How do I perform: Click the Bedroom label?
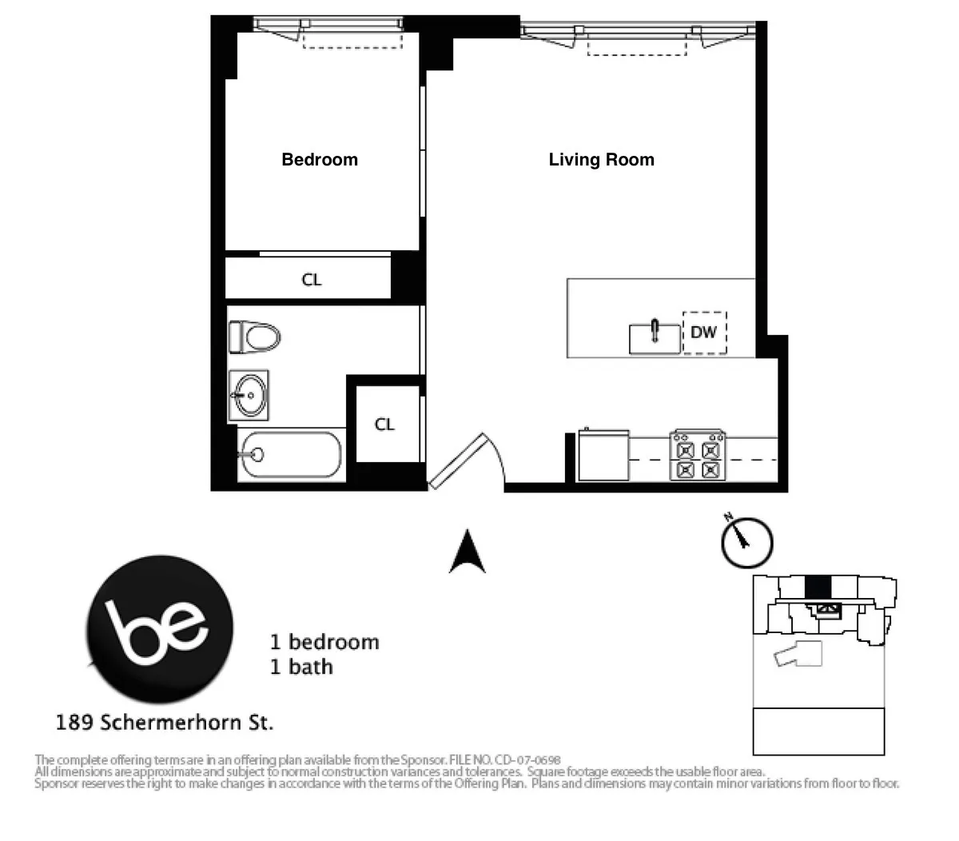click(320, 160)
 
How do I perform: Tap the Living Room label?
click(601, 160)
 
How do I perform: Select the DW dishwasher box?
click(704, 332)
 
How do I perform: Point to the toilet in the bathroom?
click(254, 337)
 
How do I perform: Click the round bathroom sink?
click(249, 395)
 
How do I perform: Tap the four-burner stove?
click(698, 456)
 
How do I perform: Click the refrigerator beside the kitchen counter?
click(603, 456)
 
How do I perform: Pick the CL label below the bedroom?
click(312, 280)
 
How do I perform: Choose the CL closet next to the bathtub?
click(385, 424)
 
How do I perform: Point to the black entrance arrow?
click(468, 552)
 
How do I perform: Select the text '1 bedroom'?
click(324, 642)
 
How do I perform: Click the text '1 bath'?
click(301, 667)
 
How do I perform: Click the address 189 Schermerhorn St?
click(165, 723)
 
